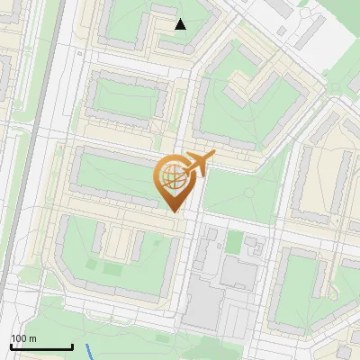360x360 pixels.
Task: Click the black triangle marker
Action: (x=181, y=24)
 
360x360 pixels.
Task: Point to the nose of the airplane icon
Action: (x=212, y=155)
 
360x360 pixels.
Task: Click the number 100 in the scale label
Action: (x=19, y=338)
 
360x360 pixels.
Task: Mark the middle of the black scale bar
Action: (x=41, y=347)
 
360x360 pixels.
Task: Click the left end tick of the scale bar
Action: (x=11, y=346)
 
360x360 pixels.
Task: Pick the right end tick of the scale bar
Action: (x=72, y=346)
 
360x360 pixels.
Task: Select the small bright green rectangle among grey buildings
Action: (x=235, y=242)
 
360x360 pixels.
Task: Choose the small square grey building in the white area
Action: (x=283, y=31)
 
